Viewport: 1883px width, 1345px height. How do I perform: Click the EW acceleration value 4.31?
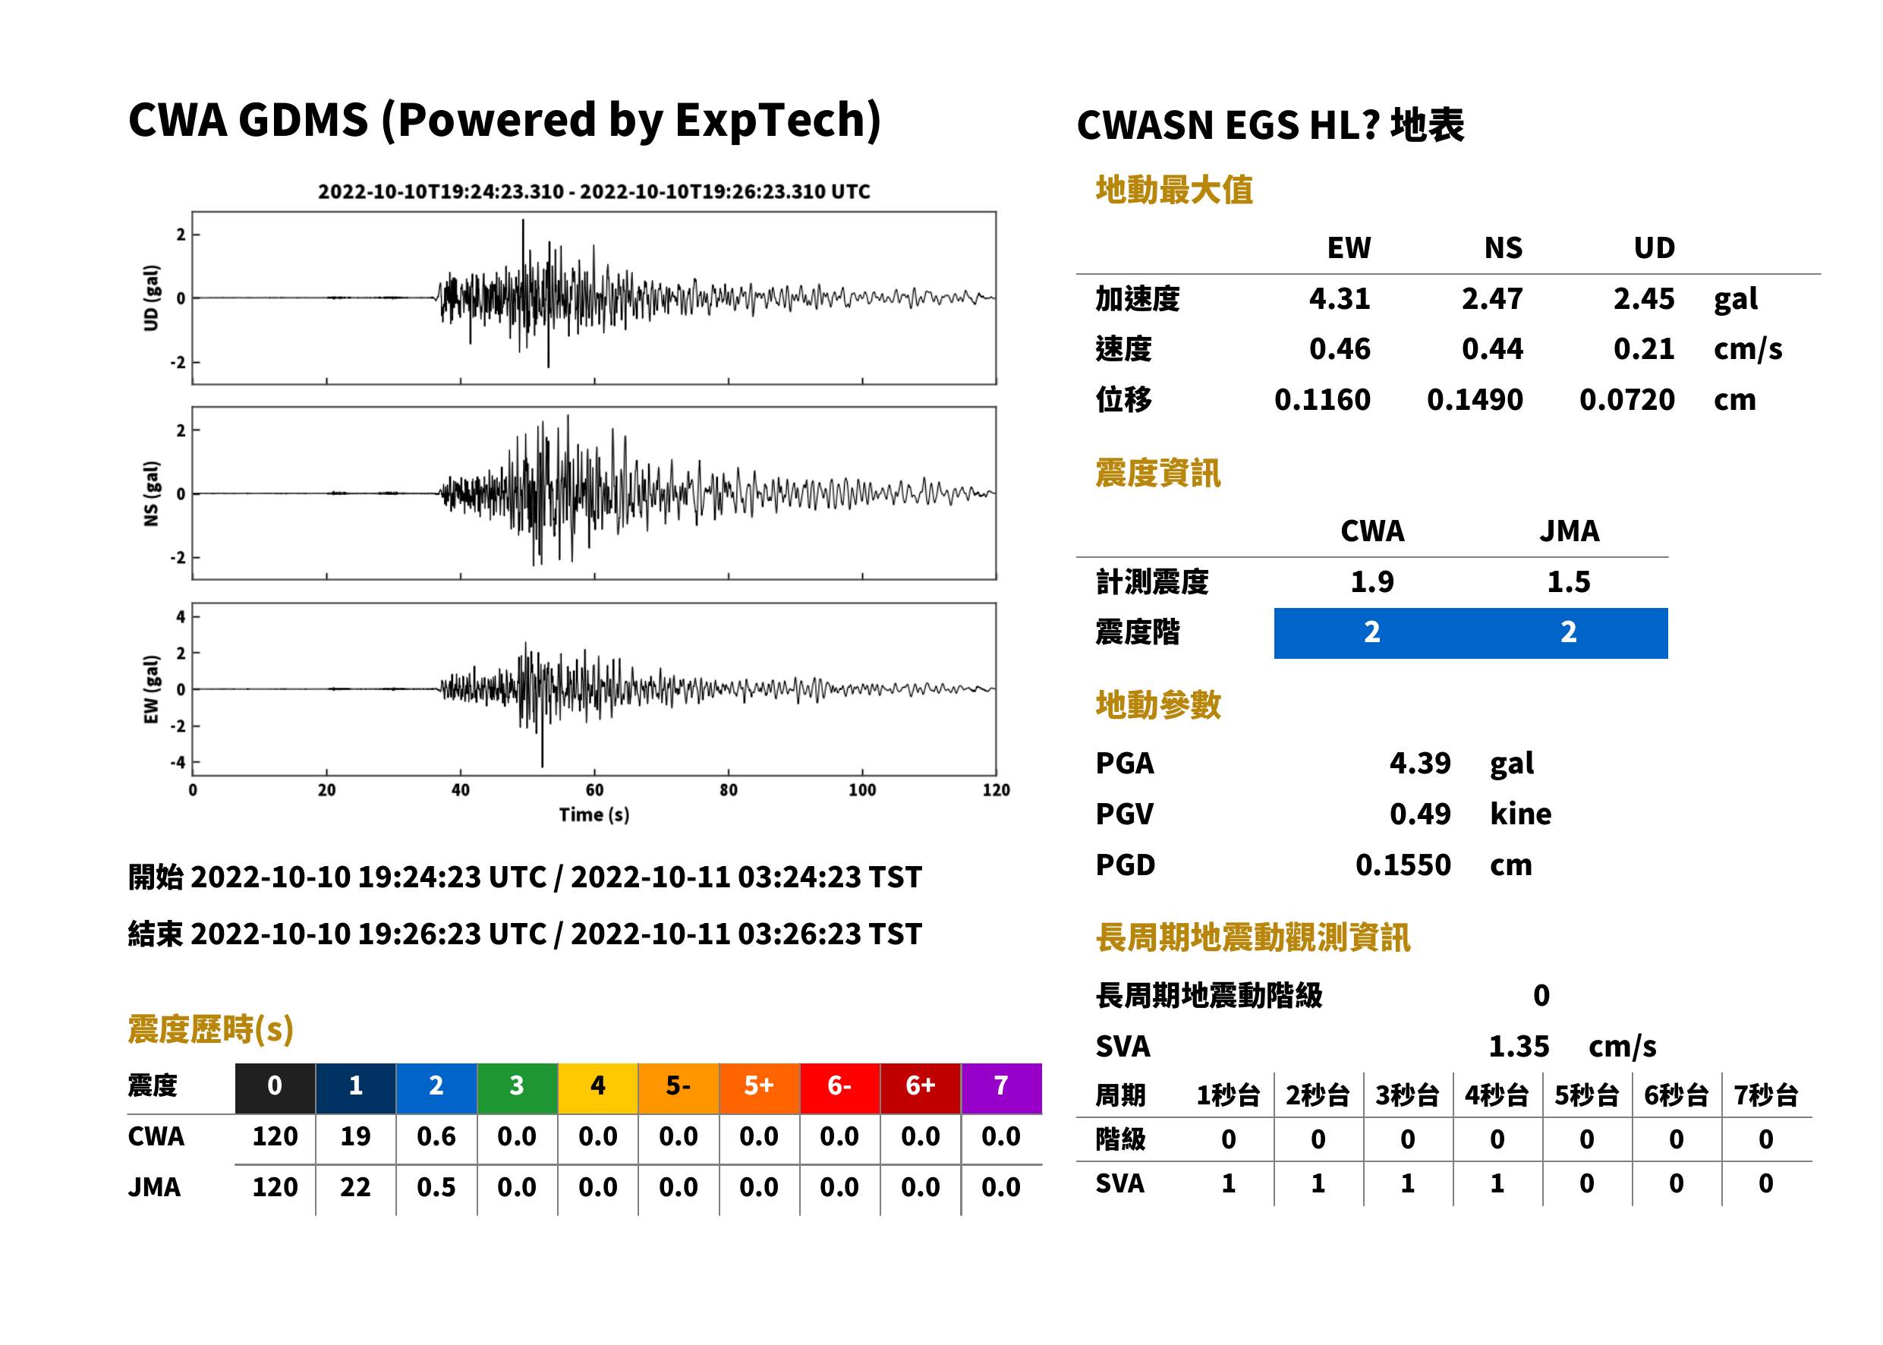pyautogui.click(x=1339, y=299)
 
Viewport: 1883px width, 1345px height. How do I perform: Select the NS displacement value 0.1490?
pyautogui.click(x=1475, y=400)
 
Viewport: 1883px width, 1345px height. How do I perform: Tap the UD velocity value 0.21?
pyautogui.click(x=1644, y=349)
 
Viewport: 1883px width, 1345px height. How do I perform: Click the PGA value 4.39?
pyautogui.click(x=1420, y=763)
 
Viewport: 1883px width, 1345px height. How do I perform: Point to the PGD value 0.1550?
pyautogui.click(x=1403, y=865)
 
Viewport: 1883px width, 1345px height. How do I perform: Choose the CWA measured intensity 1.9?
pyautogui.click(x=1372, y=582)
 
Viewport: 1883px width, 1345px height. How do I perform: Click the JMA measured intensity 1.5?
pyautogui.click(x=1568, y=582)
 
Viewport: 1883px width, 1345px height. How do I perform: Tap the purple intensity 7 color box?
pyautogui.click(x=1001, y=1088)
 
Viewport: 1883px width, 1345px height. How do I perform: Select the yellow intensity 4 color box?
pyautogui.click(x=598, y=1088)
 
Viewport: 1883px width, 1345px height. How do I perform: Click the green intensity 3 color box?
pyautogui.click(x=518, y=1088)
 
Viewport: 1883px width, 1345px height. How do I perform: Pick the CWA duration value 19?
pyautogui.click(x=355, y=1136)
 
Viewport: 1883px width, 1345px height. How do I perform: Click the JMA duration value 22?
pyautogui.click(x=355, y=1188)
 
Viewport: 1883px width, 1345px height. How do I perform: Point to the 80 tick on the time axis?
pyautogui.click(x=728, y=790)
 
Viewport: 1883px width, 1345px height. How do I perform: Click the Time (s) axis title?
pyautogui.click(x=594, y=815)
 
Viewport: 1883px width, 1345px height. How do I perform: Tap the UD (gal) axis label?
pyautogui.click(x=151, y=298)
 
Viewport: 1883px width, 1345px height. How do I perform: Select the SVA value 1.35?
pyautogui.click(x=1519, y=1047)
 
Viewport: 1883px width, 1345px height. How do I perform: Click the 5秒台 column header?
pyautogui.click(x=1586, y=1096)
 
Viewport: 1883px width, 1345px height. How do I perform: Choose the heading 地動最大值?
pyautogui.click(x=1174, y=190)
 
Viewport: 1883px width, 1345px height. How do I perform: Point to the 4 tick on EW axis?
pyautogui.click(x=181, y=617)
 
